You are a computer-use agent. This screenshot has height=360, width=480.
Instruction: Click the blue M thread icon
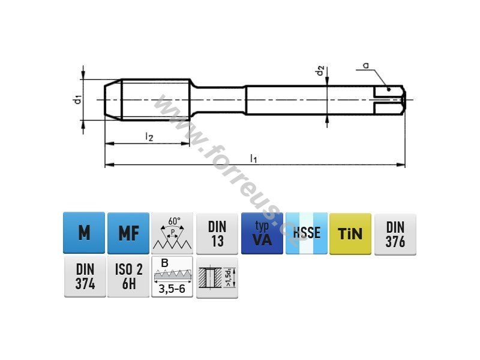(84, 233)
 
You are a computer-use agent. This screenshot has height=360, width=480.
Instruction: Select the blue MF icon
(128, 233)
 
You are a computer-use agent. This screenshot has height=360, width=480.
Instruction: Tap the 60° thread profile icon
(172, 233)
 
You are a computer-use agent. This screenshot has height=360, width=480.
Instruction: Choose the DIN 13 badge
(217, 234)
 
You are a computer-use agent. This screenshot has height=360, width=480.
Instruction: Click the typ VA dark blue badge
(262, 233)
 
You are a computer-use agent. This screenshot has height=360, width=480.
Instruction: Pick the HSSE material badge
(307, 233)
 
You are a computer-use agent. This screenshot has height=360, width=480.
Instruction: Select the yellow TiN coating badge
(350, 234)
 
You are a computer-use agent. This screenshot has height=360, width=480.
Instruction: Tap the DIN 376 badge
(395, 235)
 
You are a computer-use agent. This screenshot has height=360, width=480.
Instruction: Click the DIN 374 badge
(85, 277)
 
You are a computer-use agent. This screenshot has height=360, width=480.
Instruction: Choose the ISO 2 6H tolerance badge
(128, 277)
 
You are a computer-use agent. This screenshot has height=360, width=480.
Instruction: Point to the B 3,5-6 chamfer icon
(172, 277)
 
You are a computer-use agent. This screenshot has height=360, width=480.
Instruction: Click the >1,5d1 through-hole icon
(217, 277)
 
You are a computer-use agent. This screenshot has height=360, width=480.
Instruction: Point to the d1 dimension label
(78, 100)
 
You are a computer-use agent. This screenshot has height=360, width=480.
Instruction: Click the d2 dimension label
(320, 71)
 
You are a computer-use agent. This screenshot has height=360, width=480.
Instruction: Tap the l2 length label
(149, 137)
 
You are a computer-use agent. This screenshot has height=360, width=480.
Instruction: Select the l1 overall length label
(253, 158)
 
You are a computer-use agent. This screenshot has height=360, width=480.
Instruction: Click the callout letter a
(365, 65)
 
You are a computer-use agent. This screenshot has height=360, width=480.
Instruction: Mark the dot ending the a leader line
(389, 89)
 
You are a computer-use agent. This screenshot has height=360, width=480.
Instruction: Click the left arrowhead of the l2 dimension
(109, 143)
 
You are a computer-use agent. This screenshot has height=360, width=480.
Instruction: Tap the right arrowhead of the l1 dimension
(401, 165)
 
